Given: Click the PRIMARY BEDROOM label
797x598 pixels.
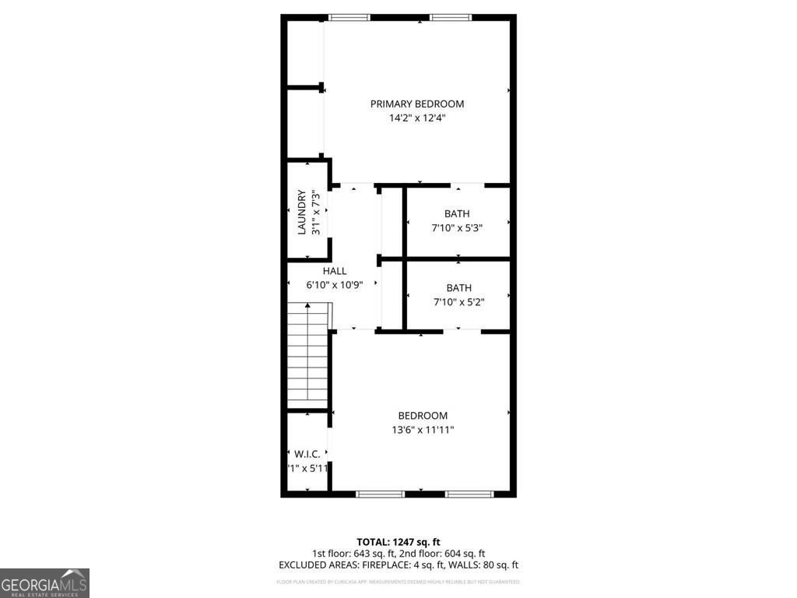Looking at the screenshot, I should point(417,104).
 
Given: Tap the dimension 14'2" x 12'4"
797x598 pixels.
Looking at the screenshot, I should point(417,118).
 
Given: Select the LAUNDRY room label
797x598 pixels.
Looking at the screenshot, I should point(301,213).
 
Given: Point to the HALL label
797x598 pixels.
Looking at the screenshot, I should point(335,271).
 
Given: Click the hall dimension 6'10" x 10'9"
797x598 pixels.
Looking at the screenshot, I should point(335,285).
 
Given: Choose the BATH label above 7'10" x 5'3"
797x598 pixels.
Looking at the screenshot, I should point(457,214).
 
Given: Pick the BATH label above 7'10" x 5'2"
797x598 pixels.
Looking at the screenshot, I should point(458,288).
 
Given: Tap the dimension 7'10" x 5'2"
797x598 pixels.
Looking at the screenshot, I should point(458,302).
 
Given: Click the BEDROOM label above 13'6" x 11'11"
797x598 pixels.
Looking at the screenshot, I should point(423,416).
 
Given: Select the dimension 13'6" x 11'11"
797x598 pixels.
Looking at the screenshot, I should point(423,430).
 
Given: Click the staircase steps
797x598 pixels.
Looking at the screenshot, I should point(308,354).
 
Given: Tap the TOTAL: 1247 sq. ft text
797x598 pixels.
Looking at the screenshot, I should point(398,542).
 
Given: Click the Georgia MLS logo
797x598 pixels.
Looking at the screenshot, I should point(44,583).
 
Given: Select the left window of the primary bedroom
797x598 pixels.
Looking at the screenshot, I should point(349,17).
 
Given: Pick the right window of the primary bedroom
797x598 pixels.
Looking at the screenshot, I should point(451,17).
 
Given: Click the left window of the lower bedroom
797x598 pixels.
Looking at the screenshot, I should point(380,494).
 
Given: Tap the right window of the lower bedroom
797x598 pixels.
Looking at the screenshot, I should point(469,494).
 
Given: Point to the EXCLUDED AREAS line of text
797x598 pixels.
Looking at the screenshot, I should point(398,565).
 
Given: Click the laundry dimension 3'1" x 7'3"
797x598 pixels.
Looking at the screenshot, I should point(315,213).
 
